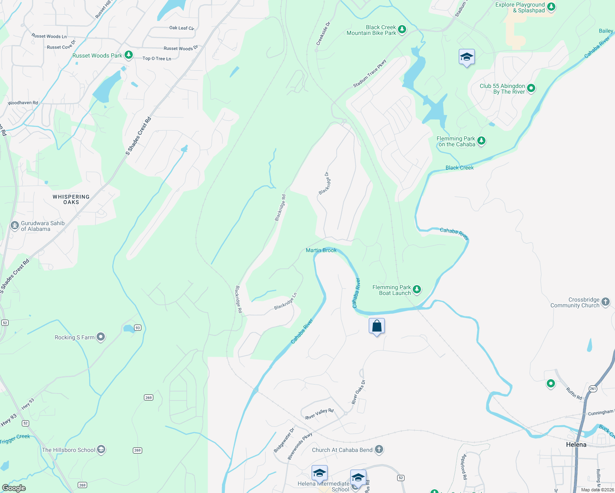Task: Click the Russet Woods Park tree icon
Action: [x=129, y=55]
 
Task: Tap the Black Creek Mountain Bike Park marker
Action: [x=402, y=30]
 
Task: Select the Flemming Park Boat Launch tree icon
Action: [x=417, y=290]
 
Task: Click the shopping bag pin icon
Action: [x=377, y=326]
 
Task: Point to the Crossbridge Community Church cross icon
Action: [x=606, y=302]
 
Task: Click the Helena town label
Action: [x=576, y=445]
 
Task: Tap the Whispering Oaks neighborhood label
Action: [x=71, y=199]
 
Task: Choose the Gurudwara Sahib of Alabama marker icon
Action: [x=15, y=225]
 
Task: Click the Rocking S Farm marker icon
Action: [x=101, y=337]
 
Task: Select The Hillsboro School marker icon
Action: [x=101, y=449]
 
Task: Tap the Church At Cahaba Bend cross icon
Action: [x=379, y=449]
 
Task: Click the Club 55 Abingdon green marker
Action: [x=531, y=88]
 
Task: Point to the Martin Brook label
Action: [x=321, y=250]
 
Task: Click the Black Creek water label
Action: [x=460, y=168]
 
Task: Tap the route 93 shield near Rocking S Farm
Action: [x=138, y=328]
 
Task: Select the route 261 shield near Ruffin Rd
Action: [x=592, y=389]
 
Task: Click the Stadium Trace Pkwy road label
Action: [x=370, y=74]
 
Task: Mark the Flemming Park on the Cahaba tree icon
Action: [x=481, y=141]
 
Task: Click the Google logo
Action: [x=14, y=488]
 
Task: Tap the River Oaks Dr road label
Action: [x=358, y=392]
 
